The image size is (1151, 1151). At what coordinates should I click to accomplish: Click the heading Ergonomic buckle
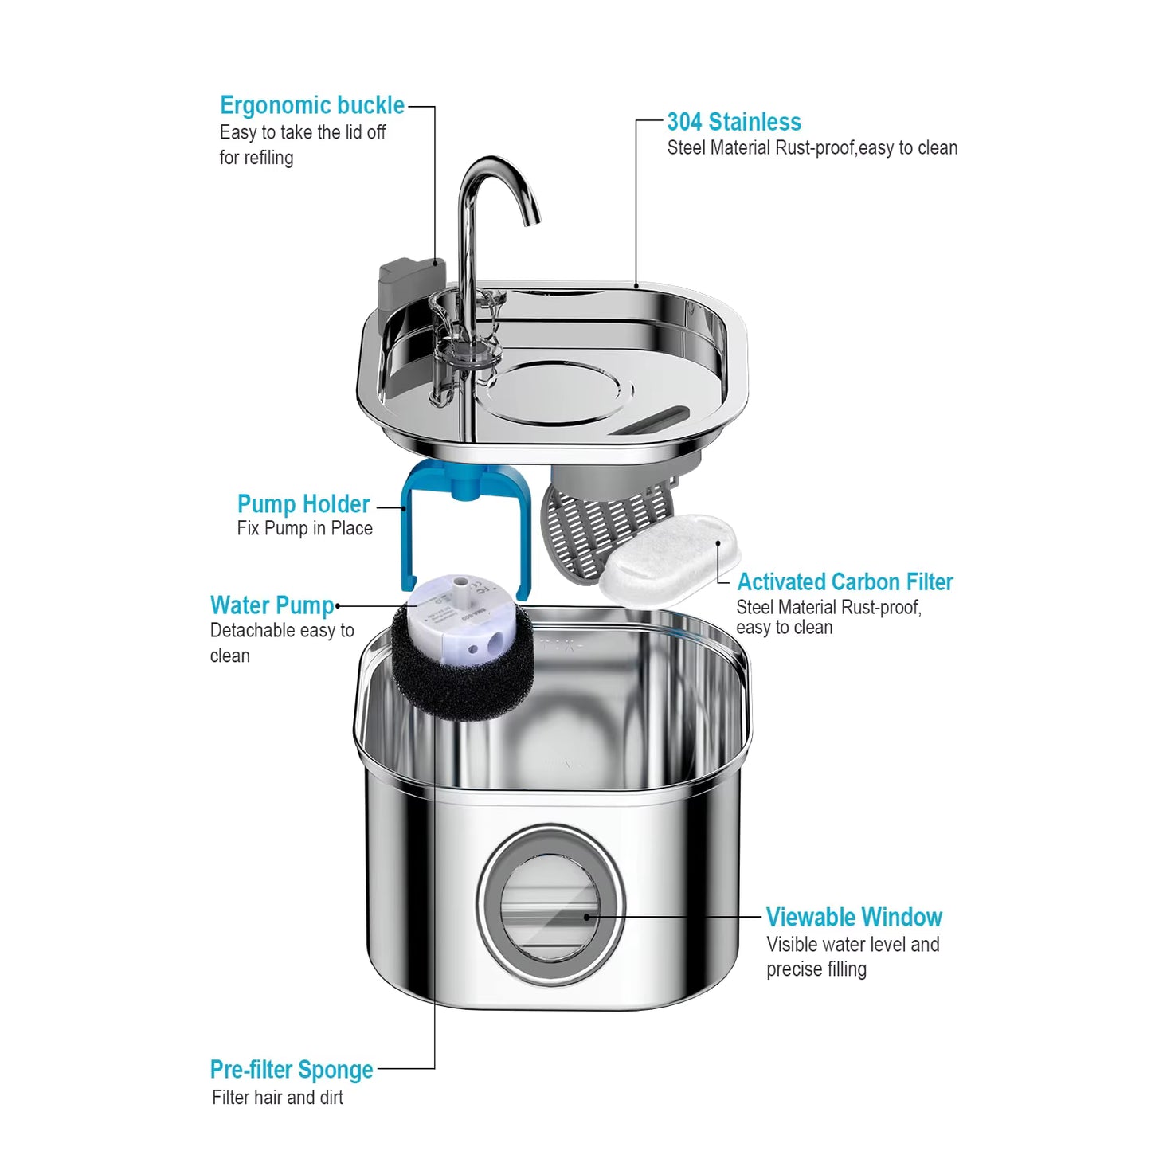point(311,106)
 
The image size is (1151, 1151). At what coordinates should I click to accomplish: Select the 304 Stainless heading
point(734,122)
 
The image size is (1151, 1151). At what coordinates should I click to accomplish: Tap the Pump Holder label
point(303,504)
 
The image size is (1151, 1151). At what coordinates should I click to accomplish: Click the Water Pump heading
point(272,605)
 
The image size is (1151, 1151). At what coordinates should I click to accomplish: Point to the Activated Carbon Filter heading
point(844,582)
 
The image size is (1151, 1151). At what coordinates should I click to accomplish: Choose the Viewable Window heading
point(854,918)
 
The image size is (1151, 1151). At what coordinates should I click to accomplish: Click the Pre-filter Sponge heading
point(292,1070)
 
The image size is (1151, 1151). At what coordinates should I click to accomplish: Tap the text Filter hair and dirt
point(277,1098)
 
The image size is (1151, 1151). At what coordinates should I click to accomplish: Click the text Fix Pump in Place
point(304,529)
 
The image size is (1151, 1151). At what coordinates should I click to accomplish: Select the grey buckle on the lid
point(410,282)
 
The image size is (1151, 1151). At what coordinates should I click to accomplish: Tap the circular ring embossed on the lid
point(558,390)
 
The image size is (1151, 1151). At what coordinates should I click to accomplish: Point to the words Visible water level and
point(852,945)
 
